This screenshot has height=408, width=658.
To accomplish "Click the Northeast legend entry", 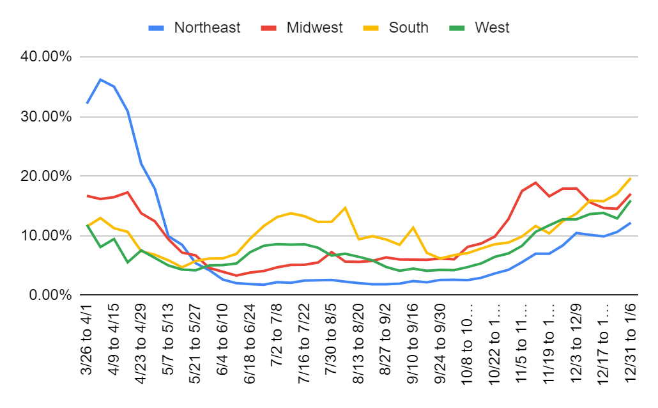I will point(198,27).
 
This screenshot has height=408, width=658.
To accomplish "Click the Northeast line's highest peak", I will point(101,79).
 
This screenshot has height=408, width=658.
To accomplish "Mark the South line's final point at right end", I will point(631,178).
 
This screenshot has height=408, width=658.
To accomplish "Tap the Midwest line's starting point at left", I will point(88,196).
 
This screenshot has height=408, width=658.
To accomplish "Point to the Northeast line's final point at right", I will point(631,223).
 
